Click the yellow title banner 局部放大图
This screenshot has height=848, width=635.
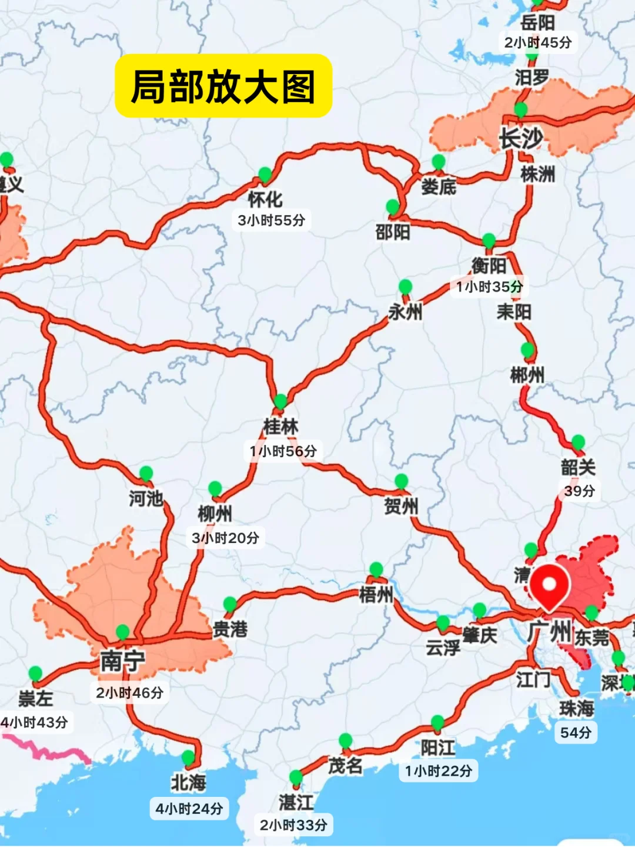point(223,86)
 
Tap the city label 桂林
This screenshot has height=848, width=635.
point(280,427)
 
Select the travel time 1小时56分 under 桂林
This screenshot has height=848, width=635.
point(283,451)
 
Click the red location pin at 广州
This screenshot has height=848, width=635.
point(549,585)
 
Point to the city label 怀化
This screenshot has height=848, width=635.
point(265,200)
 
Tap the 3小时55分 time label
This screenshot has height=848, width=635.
point(271,220)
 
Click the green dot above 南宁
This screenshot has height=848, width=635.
point(122,632)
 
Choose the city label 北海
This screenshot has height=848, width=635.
point(188,783)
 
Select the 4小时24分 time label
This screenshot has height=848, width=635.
point(189,809)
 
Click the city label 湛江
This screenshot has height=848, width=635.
point(296,802)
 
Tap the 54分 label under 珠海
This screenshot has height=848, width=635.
point(576,732)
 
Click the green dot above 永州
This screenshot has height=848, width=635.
point(405,287)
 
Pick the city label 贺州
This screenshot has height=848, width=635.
point(401,506)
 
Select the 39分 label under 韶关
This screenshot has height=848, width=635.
point(579,491)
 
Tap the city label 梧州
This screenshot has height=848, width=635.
point(376,594)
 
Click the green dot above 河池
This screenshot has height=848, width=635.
point(146,473)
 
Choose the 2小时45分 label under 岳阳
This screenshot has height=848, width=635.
point(537,42)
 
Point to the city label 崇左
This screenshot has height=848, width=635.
point(35,698)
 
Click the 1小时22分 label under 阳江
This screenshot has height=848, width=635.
point(438,771)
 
